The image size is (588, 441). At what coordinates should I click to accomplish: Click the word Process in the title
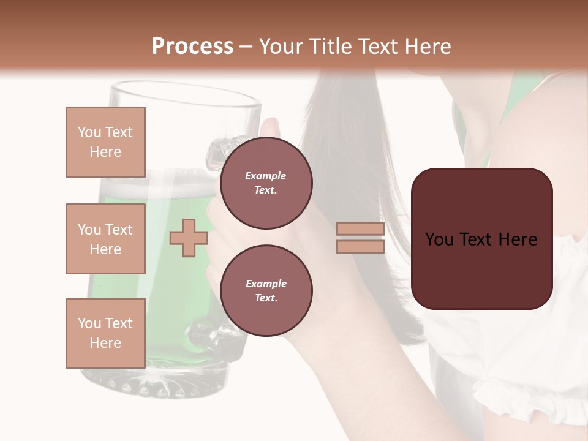point(192,47)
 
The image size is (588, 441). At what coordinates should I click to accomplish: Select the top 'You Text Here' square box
point(105,142)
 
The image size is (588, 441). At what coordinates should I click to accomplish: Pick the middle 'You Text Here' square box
point(105,239)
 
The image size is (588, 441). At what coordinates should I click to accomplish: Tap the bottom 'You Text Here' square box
point(105,333)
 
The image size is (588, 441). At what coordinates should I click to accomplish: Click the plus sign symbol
point(188,238)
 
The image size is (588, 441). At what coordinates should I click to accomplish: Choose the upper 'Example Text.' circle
point(266,183)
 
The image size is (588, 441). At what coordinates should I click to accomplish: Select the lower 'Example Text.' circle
point(266,290)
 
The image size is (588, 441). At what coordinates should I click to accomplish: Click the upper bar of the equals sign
point(360,229)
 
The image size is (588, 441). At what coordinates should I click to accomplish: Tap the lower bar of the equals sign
point(360,246)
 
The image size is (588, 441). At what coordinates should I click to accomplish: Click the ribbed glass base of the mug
point(153,383)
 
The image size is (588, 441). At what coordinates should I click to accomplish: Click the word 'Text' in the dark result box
point(481,239)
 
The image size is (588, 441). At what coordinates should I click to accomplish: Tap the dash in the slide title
point(246,47)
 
